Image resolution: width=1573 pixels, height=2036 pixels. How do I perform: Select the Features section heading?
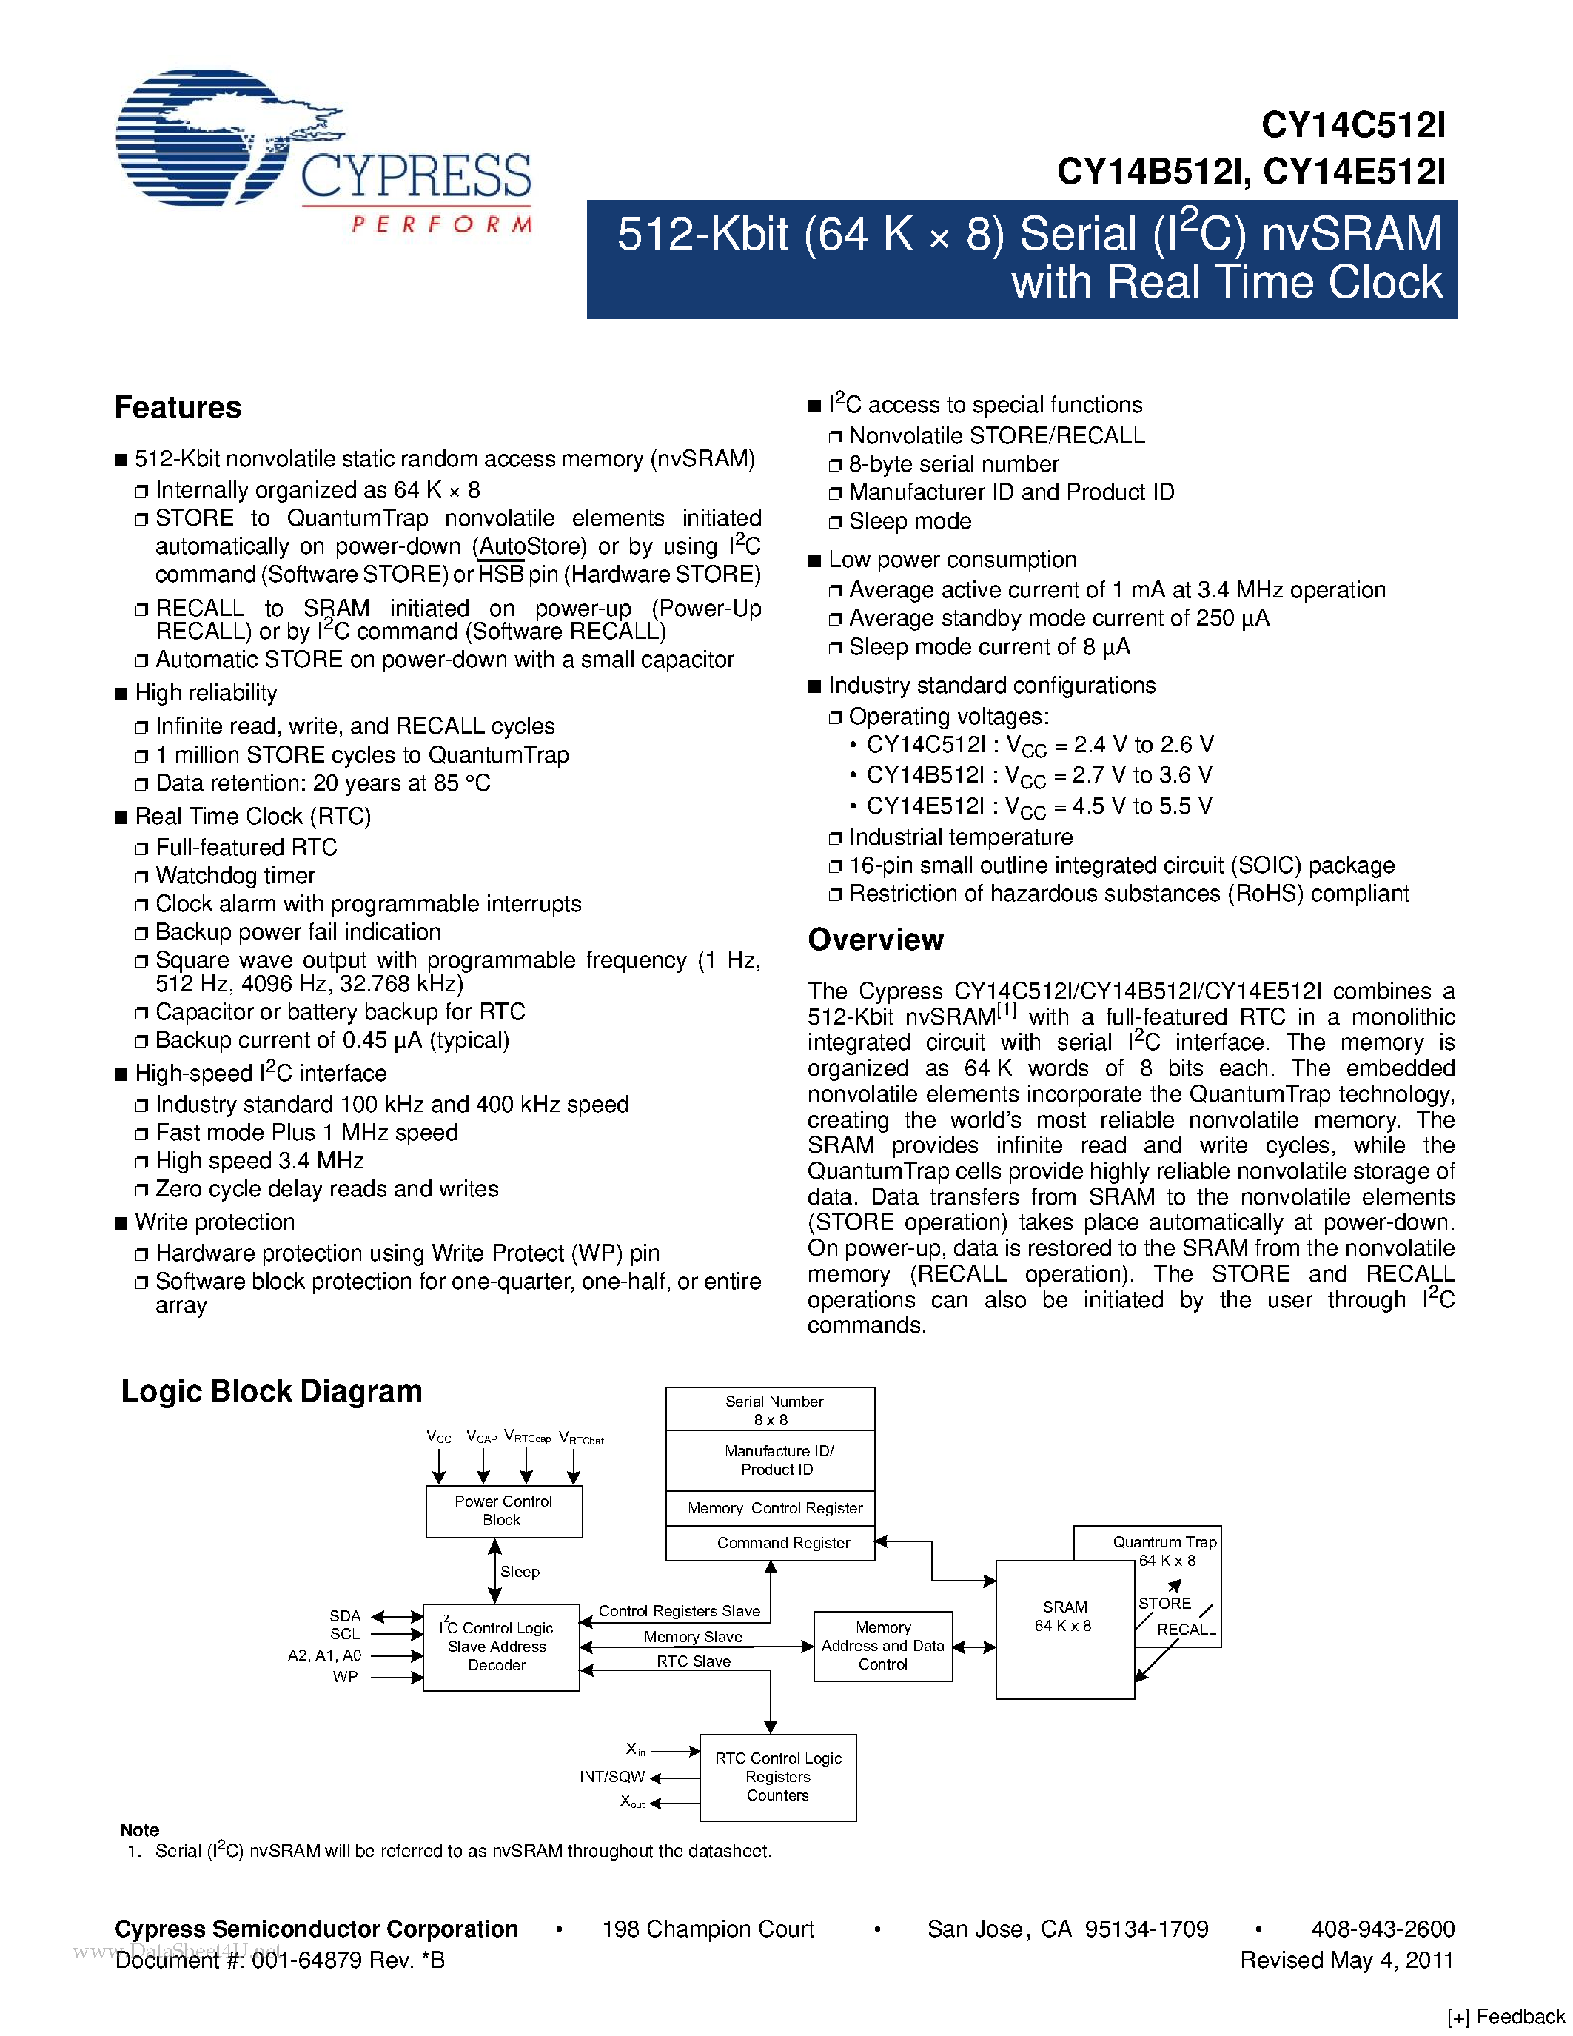[x=178, y=407]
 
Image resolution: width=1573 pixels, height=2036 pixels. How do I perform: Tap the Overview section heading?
[x=875, y=940]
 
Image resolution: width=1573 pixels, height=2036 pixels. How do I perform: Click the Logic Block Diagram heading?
[x=271, y=1391]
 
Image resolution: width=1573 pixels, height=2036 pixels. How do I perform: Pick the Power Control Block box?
[x=503, y=1510]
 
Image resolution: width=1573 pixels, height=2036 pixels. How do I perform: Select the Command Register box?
[x=770, y=1543]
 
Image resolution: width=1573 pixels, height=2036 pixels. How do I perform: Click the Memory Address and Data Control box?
[x=882, y=1645]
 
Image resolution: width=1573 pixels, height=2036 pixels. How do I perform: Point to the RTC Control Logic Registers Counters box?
[x=777, y=1777]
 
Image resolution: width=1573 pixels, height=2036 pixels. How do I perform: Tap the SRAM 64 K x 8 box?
[x=1065, y=1630]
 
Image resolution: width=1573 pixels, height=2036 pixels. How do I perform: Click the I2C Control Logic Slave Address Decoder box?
[x=500, y=1647]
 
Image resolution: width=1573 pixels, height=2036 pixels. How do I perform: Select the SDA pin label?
[x=345, y=1615]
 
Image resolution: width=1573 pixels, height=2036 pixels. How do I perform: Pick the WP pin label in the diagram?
[x=345, y=1676]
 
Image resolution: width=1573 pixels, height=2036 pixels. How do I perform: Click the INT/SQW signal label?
[x=611, y=1777]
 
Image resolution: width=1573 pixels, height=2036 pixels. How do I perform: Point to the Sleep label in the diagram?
[x=520, y=1572]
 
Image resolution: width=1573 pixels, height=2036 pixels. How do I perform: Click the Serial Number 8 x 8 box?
[x=770, y=1410]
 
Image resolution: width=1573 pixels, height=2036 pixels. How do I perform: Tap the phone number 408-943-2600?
[x=1383, y=1929]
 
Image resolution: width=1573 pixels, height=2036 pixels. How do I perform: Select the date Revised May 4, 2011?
[x=1346, y=1960]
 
